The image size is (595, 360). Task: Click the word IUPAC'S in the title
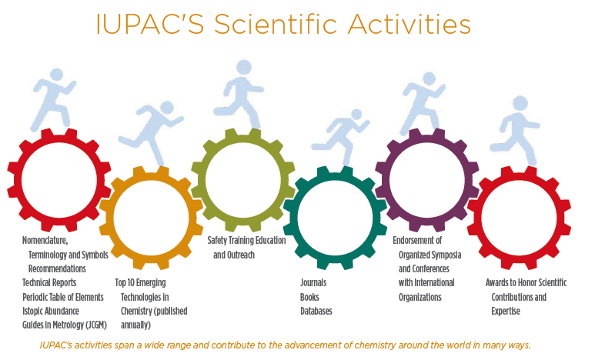(x=150, y=24)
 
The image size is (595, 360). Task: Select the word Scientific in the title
(x=276, y=24)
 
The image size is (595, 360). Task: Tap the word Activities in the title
(x=409, y=24)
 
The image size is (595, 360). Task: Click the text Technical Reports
(x=49, y=282)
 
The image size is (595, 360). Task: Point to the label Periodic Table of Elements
(x=63, y=297)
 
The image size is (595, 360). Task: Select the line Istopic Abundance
(x=51, y=311)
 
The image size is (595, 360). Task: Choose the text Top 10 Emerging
(x=140, y=282)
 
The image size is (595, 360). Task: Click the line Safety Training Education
(x=246, y=241)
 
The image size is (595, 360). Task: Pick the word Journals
(x=313, y=282)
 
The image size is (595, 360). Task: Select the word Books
(x=309, y=297)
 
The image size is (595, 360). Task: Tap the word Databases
(x=316, y=311)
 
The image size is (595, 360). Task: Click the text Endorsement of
(x=417, y=241)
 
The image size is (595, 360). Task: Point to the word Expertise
(x=506, y=311)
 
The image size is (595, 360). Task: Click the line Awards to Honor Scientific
(x=526, y=282)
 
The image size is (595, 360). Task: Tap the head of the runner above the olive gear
(x=244, y=67)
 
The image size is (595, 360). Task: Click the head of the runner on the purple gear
(x=430, y=78)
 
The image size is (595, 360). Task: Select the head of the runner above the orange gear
(x=166, y=108)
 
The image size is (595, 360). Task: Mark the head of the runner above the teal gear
(x=356, y=114)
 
